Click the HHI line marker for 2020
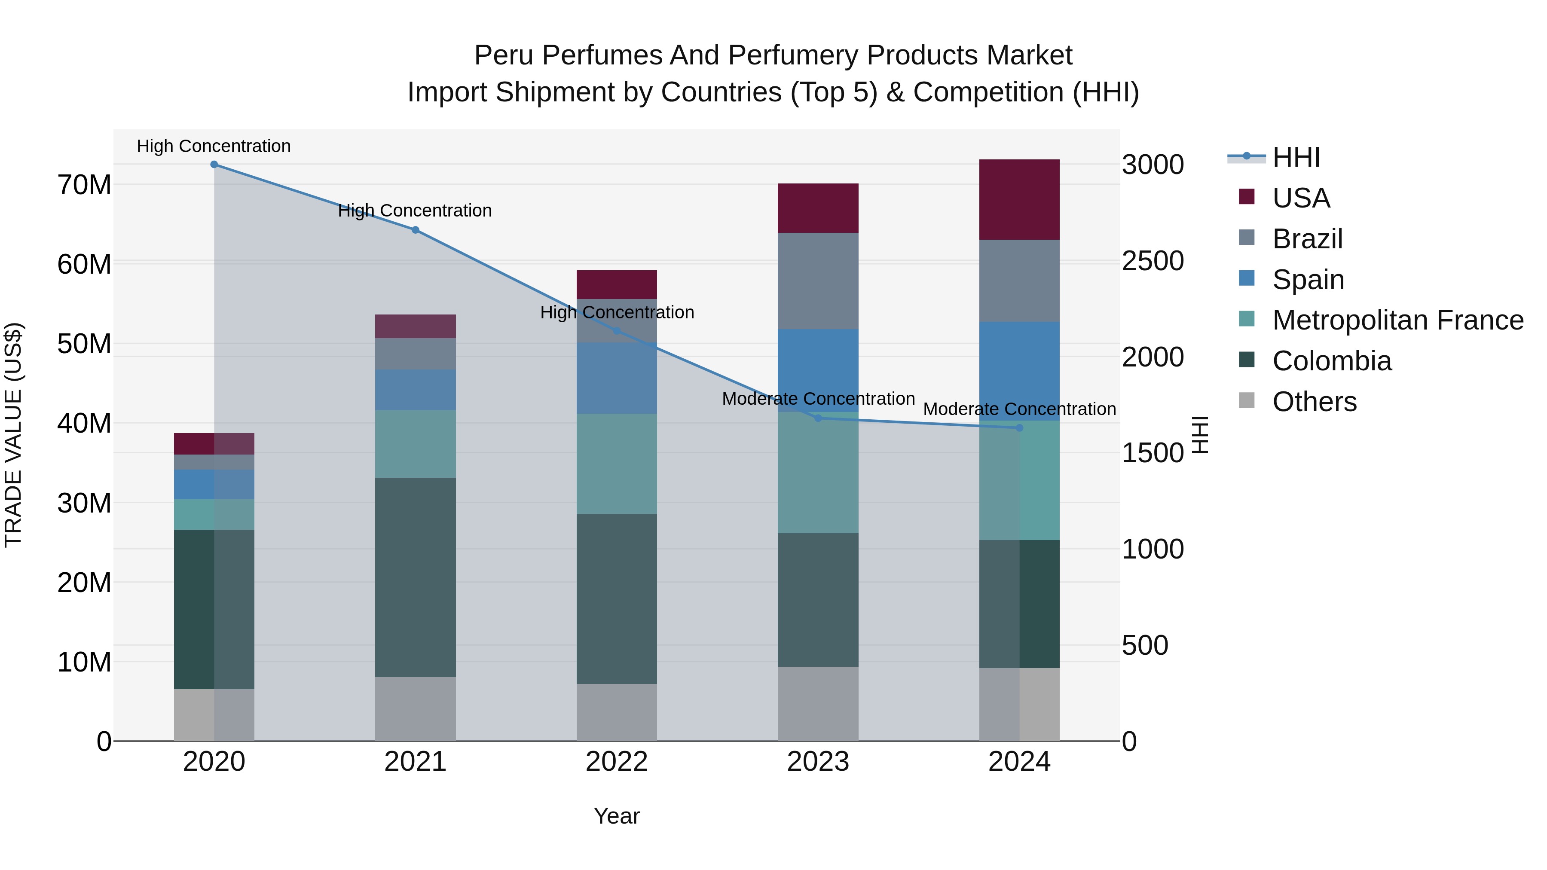[214, 165]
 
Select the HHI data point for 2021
[415, 230]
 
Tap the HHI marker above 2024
[1019, 428]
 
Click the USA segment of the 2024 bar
[1019, 200]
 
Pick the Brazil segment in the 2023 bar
[818, 281]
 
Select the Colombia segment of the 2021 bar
[415, 577]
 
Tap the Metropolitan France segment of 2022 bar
[617, 464]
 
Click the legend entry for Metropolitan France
[1397, 320]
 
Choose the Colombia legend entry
[1331, 361]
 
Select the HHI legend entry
[1296, 157]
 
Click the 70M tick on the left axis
[84, 185]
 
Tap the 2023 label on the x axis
[818, 762]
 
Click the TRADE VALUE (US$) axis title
[13, 435]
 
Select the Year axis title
[617, 816]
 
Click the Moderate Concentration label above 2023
[818, 399]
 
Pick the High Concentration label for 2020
[214, 146]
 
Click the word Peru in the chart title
[504, 55]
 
